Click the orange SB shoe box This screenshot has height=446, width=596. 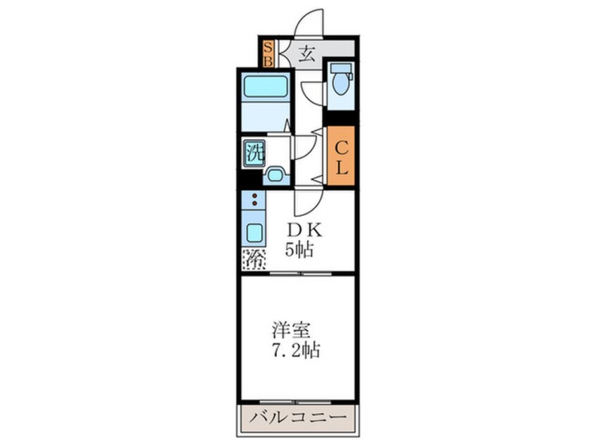(x=268, y=53)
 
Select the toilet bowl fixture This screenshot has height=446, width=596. (x=341, y=82)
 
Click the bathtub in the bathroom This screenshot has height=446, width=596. (x=264, y=87)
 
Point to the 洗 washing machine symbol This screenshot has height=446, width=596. (x=254, y=152)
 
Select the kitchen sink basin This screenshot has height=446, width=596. (x=254, y=231)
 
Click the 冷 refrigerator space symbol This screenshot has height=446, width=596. (x=254, y=260)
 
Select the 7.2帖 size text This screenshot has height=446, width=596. (x=296, y=350)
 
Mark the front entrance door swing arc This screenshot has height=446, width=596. (x=309, y=21)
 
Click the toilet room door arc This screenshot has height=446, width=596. (x=311, y=94)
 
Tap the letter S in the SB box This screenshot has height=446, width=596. (x=268, y=47)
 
